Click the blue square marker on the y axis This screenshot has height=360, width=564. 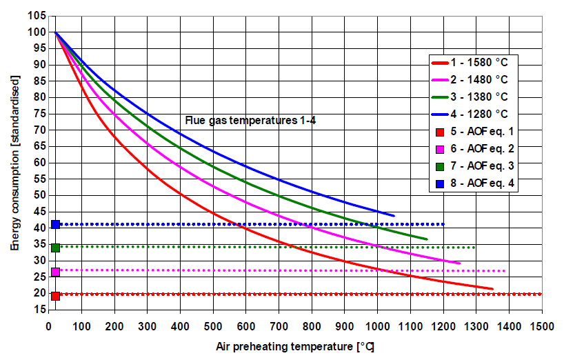[x=55, y=224]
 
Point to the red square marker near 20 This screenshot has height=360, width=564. [x=55, y=296]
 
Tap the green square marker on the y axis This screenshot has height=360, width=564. [x=55, y=248]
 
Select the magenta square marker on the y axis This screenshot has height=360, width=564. [x=55, y=272]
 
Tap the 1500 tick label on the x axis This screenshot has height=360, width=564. [x=541, y=324]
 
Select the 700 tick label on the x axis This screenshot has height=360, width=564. [x=279, y=324]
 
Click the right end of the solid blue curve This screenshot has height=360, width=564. [x=394, y=216]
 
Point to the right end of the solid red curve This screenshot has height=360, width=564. [x=492, y=289]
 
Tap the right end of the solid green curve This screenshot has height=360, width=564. [x=427, y=239]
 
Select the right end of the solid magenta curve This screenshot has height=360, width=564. [x=459, y=263]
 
